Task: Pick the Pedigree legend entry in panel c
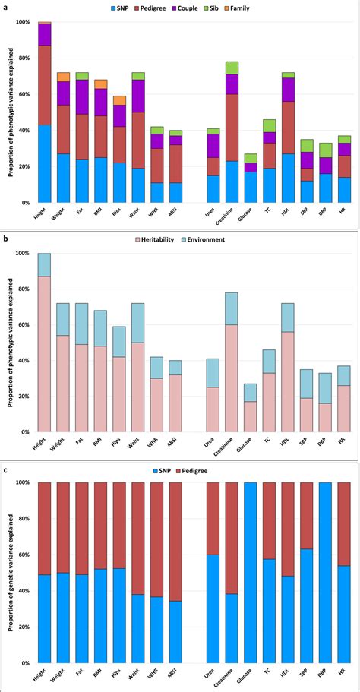(212, 470)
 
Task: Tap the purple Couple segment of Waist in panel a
(138, 96)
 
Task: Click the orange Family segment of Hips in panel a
(119, 100)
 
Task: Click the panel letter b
(6, 238)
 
